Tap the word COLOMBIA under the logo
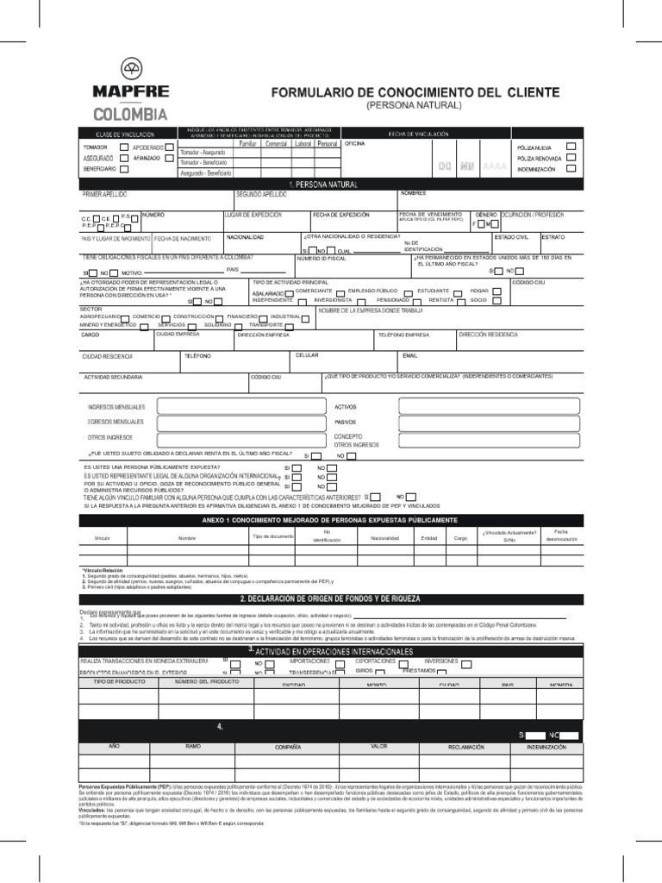click(132, 114)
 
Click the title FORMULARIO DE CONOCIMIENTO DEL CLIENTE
click(415, 91)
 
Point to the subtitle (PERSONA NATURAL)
click(415, 105)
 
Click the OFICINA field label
click(355, 144)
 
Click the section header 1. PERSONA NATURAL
click(324, 185)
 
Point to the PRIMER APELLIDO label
click(104, 195)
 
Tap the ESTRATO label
click(553, 235)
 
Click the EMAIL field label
click(409, 354)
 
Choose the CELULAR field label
click(308, 354)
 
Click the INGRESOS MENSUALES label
click(116, 406)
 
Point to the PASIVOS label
click(346, 422)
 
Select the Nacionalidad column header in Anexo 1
click(384, 537)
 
